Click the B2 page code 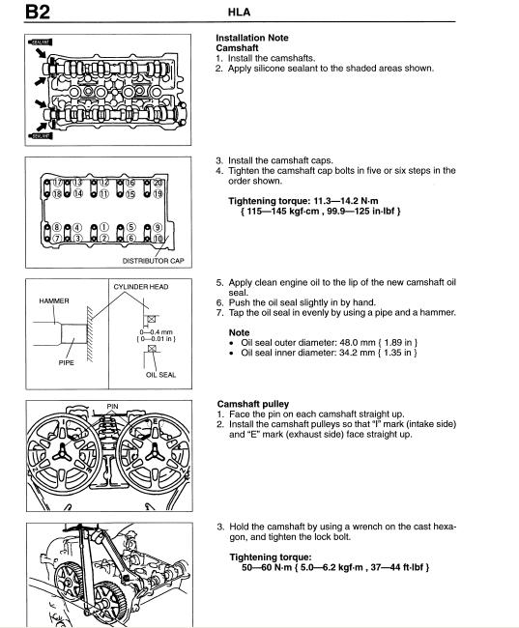coord(38,12)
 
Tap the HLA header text coord(239,13)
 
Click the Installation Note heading coord(252,38)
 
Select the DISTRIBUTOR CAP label coord(153,261)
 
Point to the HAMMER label coord(54,300)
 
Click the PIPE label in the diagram coord(66,363)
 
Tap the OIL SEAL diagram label coord(160,375)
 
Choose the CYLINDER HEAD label coord(141,287)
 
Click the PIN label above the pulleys coord(113,406)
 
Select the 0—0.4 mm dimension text coord(156,332)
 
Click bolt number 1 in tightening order coord(103,227)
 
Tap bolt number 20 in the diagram coord(159,183)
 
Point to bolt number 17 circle coord(57,183)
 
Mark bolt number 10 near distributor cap coord(158,239)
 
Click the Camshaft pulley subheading coord(253,404)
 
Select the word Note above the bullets coord(240,332)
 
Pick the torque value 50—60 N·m coord(267,567)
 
